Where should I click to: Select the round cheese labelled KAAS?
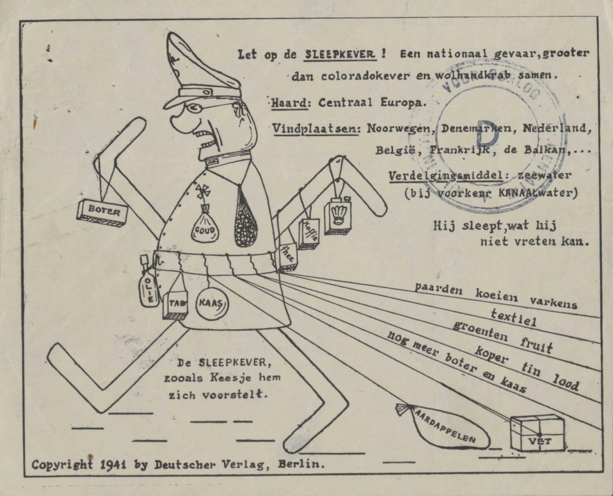pyautogui.click(x=212, y=302)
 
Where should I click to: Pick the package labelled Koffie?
pyautogui.click(x=308, y=233)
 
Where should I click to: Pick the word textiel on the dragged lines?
pyautogui.click(x=513, y=318)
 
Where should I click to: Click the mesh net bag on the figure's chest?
pyautogui.click(x=245, y=217)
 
